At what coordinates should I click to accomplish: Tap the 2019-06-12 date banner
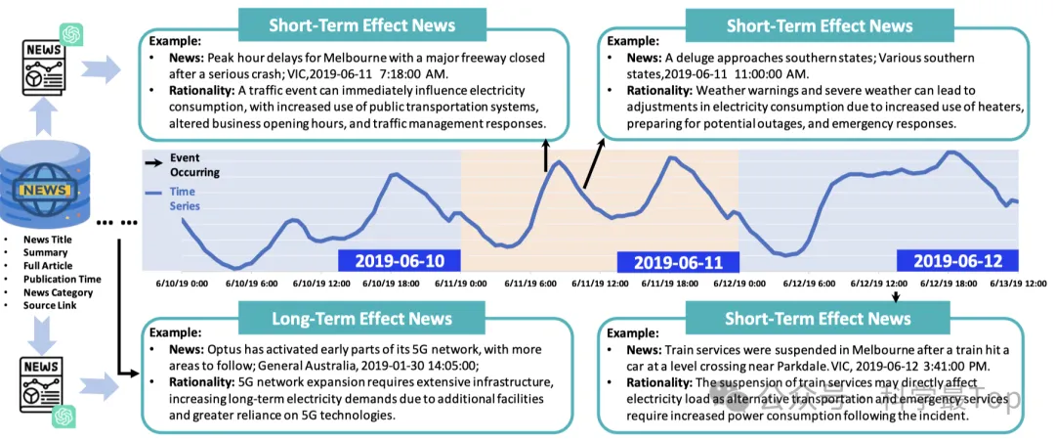coord(957,261)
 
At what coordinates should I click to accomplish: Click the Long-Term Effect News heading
coord(361,319)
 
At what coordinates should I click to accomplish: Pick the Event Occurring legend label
coord(192,164)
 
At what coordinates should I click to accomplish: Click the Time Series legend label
coord(184,198)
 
